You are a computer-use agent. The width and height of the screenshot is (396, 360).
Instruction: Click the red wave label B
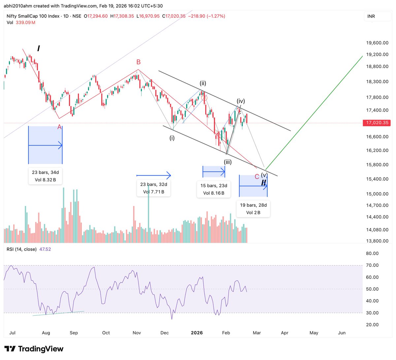(139, 62)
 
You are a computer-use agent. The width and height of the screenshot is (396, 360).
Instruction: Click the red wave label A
(59, 127)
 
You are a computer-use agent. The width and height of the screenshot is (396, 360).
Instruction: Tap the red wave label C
(257, 177)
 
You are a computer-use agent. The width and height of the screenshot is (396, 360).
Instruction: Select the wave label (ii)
(203, 83)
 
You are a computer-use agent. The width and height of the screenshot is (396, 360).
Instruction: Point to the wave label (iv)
(241, 101)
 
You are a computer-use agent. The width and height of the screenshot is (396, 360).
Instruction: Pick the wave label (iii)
(228, 162)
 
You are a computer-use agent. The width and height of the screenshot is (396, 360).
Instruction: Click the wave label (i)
(172, 138)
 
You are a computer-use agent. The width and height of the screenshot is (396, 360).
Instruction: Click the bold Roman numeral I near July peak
(39, 49)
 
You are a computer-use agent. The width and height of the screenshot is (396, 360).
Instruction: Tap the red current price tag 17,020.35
(377, 123)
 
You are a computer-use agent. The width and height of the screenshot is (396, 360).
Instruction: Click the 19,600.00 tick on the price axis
(377, 43)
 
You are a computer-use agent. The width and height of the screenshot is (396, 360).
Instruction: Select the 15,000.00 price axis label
(377, 194)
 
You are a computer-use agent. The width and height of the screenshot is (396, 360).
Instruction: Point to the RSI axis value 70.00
(372, 265)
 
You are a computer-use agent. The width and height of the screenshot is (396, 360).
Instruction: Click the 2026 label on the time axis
(197, 333)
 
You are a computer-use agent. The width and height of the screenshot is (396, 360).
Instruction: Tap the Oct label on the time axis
(106, 333)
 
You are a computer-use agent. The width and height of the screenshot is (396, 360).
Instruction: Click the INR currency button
(371, 16)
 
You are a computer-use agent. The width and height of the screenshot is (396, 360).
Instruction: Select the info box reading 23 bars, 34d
(45, 176)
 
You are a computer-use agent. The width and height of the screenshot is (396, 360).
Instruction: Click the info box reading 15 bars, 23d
(214, 189)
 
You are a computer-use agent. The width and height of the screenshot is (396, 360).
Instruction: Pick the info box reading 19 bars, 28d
(253, 209)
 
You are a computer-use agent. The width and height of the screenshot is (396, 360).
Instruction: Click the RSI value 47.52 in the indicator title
(45, 249)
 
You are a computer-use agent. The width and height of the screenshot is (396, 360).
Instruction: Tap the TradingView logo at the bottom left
(34, 349)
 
